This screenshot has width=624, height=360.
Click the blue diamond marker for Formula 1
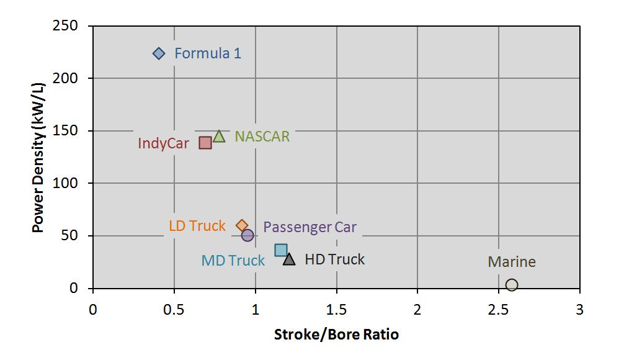point(159,53)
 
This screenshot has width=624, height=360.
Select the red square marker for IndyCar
point(205,143)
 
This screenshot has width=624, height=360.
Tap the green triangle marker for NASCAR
point(219,137)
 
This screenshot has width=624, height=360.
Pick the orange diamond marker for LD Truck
point(242,226)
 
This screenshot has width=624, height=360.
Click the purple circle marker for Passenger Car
point(247,235)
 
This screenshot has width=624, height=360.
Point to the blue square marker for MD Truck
point(281,250)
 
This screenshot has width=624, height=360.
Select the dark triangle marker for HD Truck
point(289,259)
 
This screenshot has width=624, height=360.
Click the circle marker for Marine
point(512,285)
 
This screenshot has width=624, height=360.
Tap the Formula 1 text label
point(208,53)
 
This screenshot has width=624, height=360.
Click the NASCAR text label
point(262,137)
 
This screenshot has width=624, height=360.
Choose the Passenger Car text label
point(310,227)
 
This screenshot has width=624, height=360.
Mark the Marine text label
point(512,262)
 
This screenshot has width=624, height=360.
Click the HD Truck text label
point(334,259)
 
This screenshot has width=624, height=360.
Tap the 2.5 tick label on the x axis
point(498,309)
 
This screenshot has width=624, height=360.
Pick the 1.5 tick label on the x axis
point(336,309)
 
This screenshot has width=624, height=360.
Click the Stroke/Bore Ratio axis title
point(336,335)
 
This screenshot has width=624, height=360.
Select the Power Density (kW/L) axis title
point(39,157)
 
